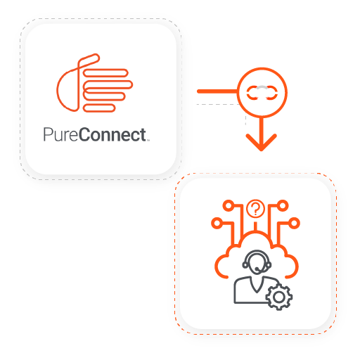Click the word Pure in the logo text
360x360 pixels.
coord(60,134)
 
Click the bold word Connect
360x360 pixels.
coord(112,134)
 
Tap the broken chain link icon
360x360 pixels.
coord(262,93)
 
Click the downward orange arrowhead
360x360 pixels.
coord(262,142)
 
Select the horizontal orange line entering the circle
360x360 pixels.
coord(217,91)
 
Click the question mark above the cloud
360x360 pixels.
coord(255,209)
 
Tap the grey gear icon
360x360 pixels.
coord(279,297)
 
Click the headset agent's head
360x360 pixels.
coord(257,262)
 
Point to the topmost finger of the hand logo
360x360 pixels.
coord(105,72)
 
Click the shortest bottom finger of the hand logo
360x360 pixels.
coord(99,108)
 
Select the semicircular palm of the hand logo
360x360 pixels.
coord(67,90)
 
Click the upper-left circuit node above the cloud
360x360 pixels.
coord(228,206)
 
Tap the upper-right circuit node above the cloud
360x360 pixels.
coord(283,206)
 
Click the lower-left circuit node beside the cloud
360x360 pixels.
coord(217,223)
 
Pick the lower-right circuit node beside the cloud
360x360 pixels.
coord(294,223)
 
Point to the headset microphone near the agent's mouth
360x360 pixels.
coord(257,269)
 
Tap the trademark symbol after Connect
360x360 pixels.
coord(148,141)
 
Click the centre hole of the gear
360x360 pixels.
coord(279,297)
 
